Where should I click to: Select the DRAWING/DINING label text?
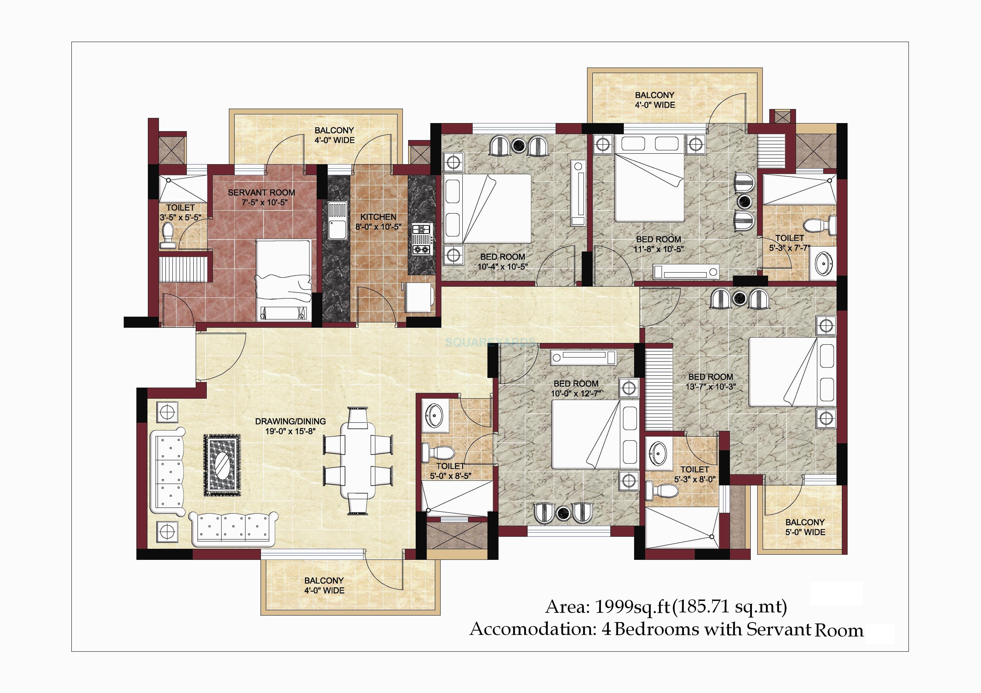point(291,421)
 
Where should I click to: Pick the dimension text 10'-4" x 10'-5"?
point(502,266)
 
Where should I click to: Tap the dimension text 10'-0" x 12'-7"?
point(576,393)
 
